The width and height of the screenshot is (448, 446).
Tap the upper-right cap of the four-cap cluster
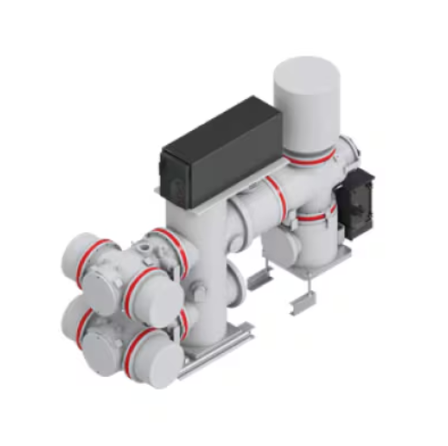click(x=153, y=298)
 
